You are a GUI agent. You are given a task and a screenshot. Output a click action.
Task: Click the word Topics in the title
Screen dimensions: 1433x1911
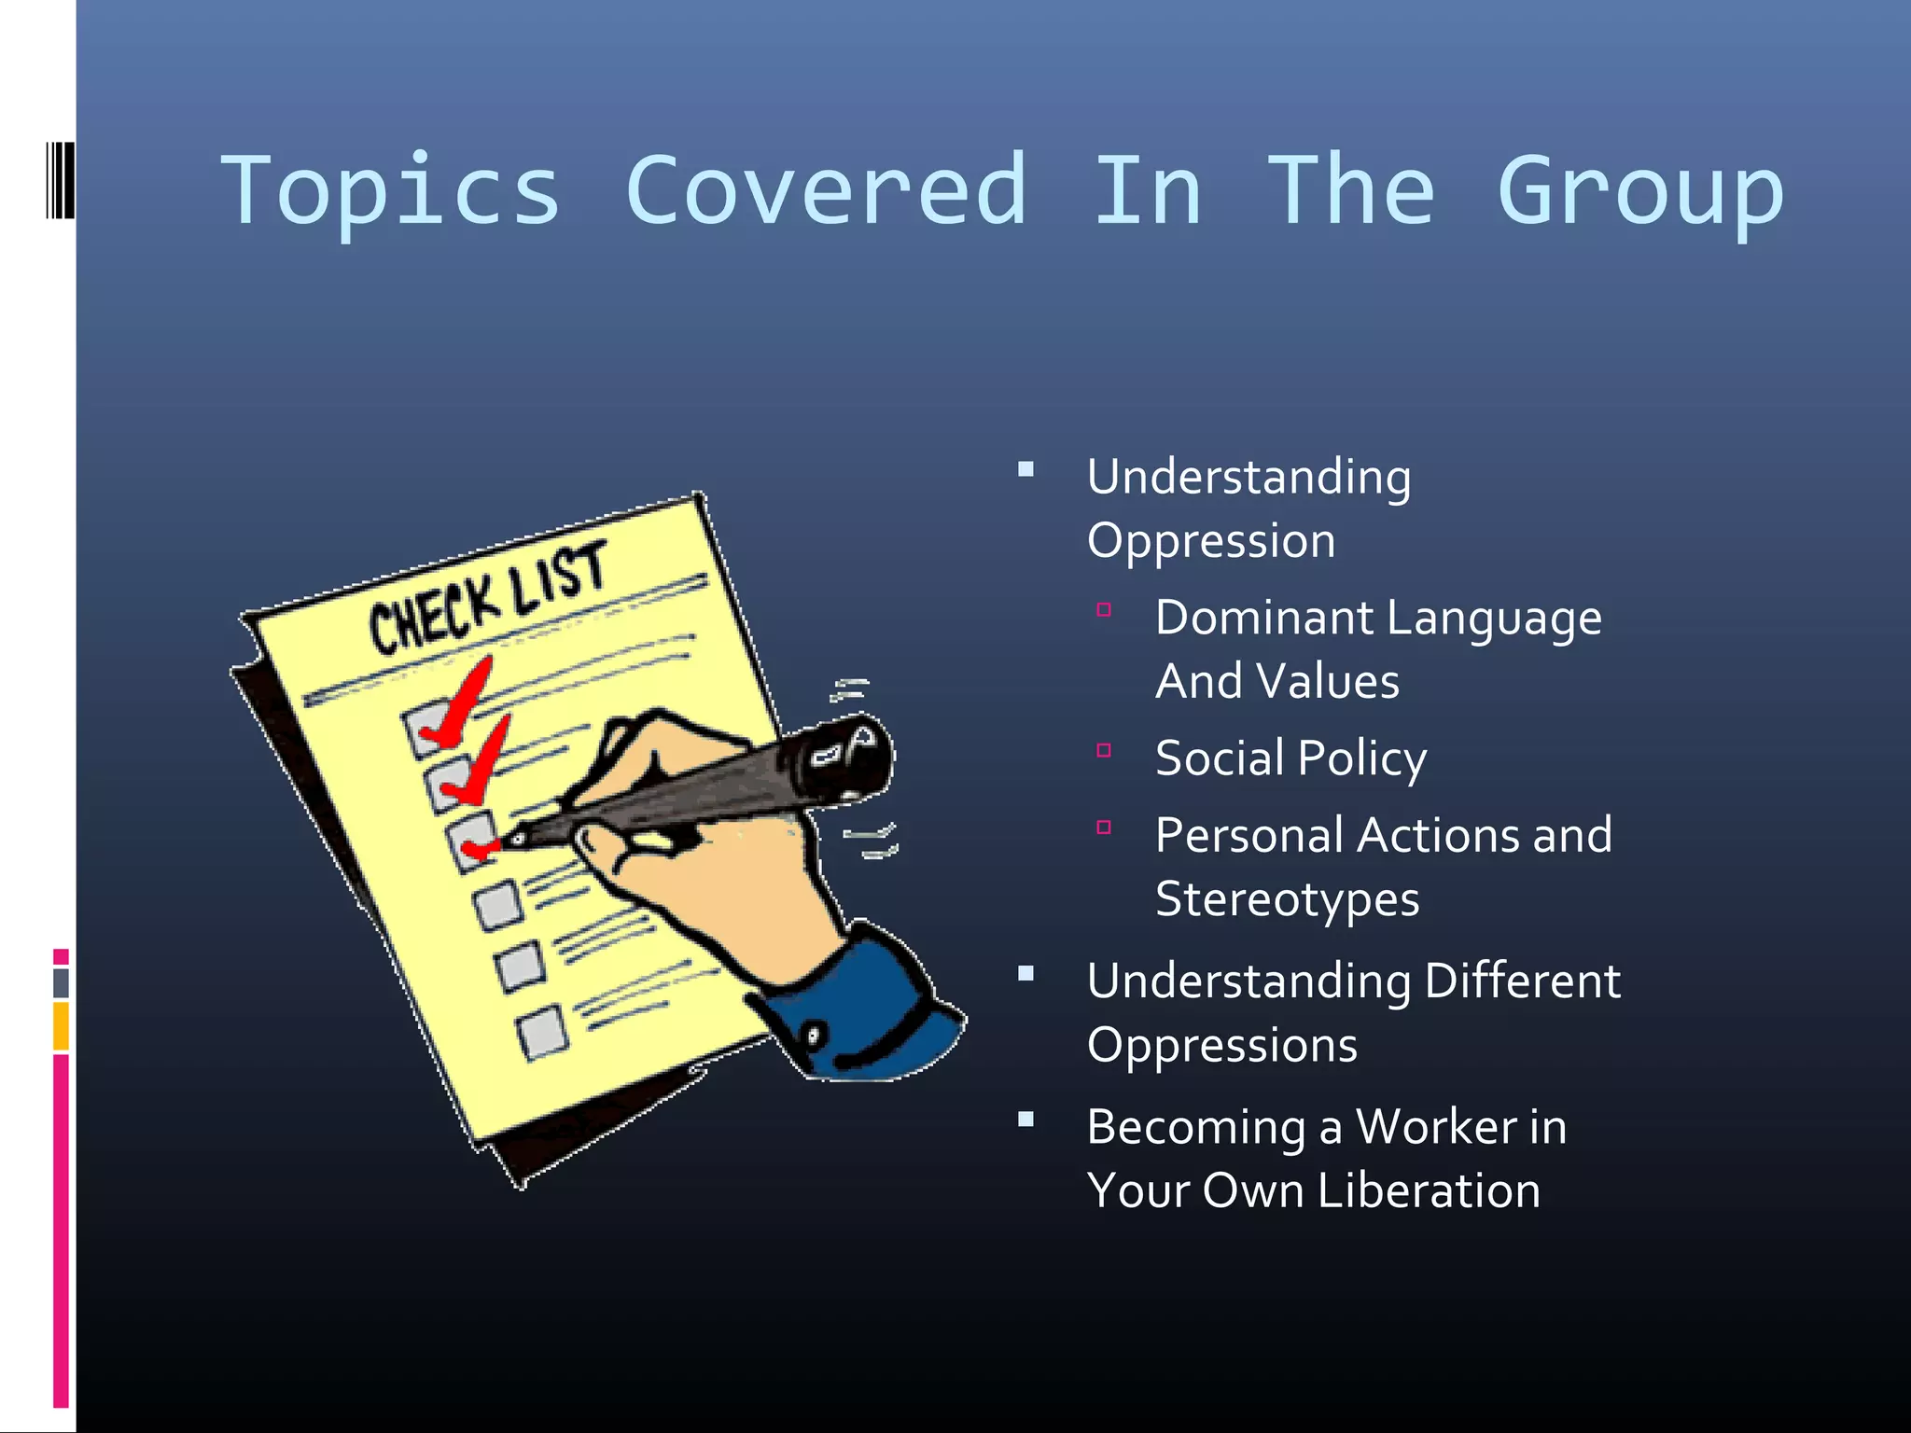pyautogui.click(x=390, y=191)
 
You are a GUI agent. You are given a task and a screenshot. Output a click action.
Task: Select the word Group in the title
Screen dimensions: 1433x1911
pyautogui.click(x=1640, y=191)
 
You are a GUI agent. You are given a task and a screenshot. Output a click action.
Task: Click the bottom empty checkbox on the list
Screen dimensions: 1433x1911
pyautogui.click(x=542, y=1032)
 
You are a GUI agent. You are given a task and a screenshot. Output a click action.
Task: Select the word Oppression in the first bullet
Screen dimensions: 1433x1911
pyautogui.click(x=1211, y=541)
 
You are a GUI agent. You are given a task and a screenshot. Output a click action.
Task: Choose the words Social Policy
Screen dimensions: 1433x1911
pyautogui.click(x=1290, y=758)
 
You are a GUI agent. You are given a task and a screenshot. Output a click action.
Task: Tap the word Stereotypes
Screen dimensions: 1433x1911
pyautogui.click(x=1287, y=899)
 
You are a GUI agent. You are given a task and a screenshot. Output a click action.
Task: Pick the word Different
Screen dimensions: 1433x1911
pyautogui.click(x=1523, y=981)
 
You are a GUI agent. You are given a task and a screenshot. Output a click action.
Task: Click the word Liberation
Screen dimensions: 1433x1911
pyautogui.click(x=1429, y=1191)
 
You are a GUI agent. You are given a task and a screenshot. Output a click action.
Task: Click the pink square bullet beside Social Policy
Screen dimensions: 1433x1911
pyautogui.click(x=1104, y=750)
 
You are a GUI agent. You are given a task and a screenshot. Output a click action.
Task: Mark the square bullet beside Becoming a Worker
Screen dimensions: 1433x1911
pyautogui.click(x=1026, y=1120)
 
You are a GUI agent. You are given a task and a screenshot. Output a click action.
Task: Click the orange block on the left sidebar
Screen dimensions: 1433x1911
pyautogui.click(x=61, y=1025)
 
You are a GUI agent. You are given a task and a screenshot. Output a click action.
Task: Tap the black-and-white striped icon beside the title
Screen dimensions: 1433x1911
pyautogui.click(x=60, y=180)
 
